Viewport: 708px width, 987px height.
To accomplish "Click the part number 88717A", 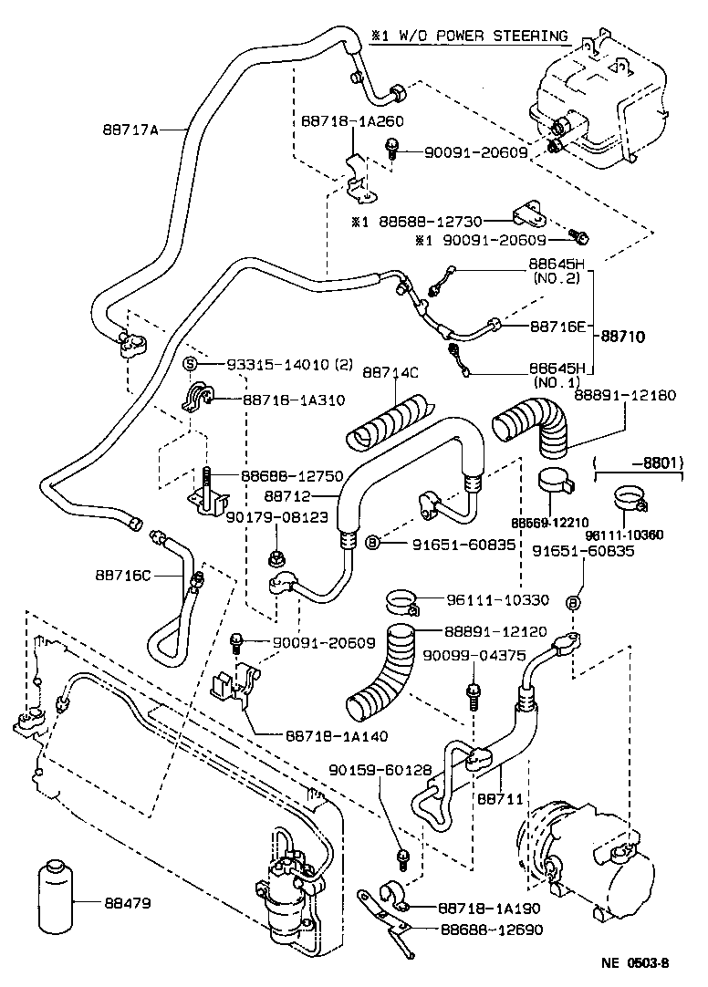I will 130,130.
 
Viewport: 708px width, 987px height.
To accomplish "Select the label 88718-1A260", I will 353,121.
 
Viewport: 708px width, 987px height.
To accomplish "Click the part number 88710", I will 622,337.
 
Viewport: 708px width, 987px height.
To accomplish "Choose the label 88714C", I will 390,373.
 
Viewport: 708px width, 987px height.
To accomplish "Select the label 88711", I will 499,798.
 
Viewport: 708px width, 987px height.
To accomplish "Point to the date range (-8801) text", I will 640,462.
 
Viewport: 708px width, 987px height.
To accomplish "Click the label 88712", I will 288,496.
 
